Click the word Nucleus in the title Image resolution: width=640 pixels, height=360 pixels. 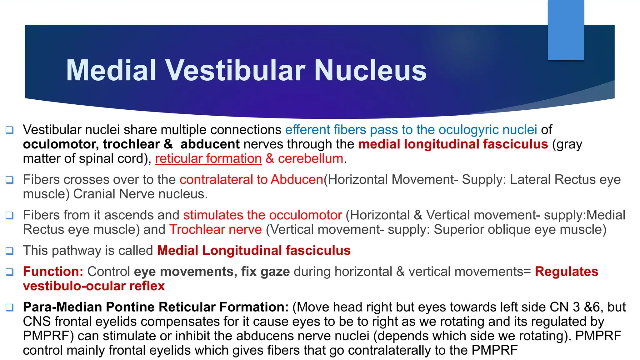pyautogui.click(x=370, y=71)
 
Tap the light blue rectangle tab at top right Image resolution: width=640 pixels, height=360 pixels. pyautogui.click(x=566, y=30)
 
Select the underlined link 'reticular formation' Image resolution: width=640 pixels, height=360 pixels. pyautogui.click(x=208, y=159)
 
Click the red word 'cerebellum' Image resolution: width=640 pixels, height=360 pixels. pyautogui.click(x=311, y=159)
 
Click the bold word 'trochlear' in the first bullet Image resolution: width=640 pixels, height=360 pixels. pyautogui.click(x=131, y=144)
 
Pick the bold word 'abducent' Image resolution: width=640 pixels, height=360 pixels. pyautogui.click(x=210, y=144)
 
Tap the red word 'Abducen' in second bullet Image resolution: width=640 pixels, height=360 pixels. pyautogui.click(x=297, y=180)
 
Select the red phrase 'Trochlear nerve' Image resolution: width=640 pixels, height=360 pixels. pyautogui.click(x=216, y=230)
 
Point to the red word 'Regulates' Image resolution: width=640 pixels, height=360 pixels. pyautogui.click(x=566, y=272)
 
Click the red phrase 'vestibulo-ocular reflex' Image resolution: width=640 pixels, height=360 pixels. pyautogui.click(x=94, y=286)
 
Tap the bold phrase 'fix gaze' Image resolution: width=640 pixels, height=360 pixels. pyautogui.click(x=265, y=272)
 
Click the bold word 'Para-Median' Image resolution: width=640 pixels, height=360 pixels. pyautogui.click(x=62, y=307)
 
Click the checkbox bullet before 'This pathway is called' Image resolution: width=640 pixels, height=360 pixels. pyautogui.click(x=10, y=251)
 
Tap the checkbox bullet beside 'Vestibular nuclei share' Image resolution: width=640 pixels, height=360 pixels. pyautogui.click(x=10, y=130)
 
